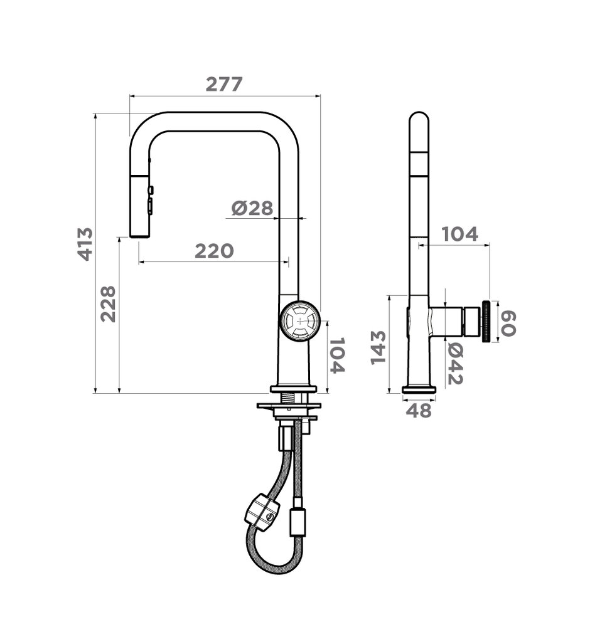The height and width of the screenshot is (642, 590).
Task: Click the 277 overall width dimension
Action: click(224, 85)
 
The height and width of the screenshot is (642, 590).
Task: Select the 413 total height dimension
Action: click(86, 244)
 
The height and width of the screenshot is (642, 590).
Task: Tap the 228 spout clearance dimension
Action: click(109, 304)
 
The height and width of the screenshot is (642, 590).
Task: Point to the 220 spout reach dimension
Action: click(214, 251)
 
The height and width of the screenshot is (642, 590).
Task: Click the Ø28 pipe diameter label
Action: click(252, 208)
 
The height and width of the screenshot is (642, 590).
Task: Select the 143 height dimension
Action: click(378, 347)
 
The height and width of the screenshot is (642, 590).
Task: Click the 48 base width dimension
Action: click(419, 410)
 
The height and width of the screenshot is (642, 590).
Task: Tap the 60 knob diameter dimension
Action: click(508, 324)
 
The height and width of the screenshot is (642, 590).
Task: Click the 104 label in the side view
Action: click(459, 234)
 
